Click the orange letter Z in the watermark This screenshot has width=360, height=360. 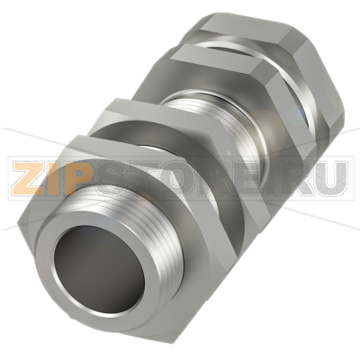tap(28, 178)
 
